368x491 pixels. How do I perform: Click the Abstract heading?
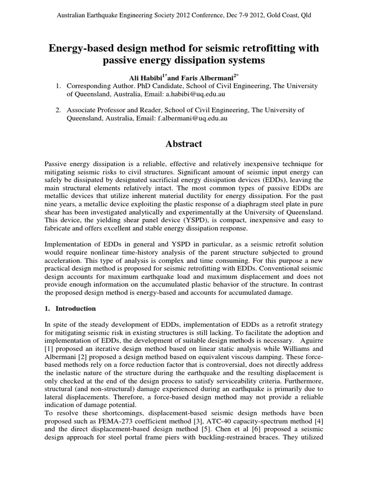(x=184, y=144)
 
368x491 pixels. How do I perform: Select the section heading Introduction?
(x=77, y=308)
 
